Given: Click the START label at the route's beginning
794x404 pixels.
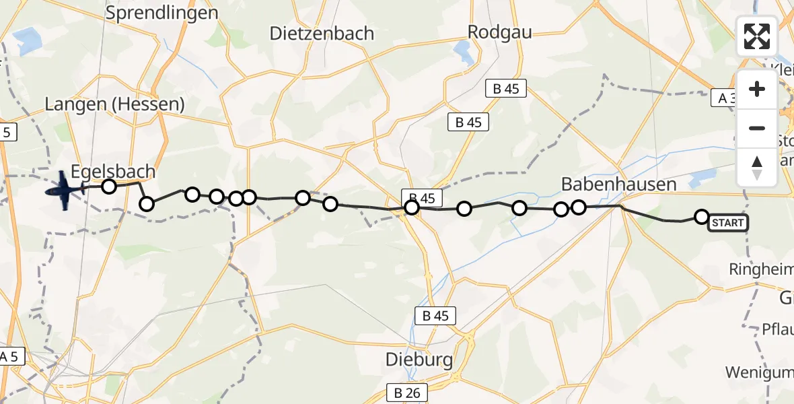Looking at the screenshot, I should (x=727, y=223).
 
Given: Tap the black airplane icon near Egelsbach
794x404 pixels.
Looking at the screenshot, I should (x=64, y=190).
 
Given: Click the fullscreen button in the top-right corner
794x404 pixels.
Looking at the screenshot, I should (x=757, y=36).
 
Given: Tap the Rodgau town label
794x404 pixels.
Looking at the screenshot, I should (x=499, y=32).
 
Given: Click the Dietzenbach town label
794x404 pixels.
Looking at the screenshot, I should (x=322, y=33).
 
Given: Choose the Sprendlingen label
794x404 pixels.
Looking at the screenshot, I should (x=162, y=13).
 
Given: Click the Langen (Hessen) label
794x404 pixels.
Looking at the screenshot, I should (x=114, y=104).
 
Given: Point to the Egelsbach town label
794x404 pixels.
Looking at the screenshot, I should (x=114, y=171).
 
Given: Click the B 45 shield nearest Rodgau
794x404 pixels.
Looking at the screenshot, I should (x=506, y=88).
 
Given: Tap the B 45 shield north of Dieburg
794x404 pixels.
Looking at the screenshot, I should (x=436, y=315).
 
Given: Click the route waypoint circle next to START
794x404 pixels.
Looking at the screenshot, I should (x=701, y=216).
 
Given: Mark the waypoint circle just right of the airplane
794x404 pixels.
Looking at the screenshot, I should (x=108, y=187).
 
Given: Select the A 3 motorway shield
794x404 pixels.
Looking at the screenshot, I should (x=727, y=98).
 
